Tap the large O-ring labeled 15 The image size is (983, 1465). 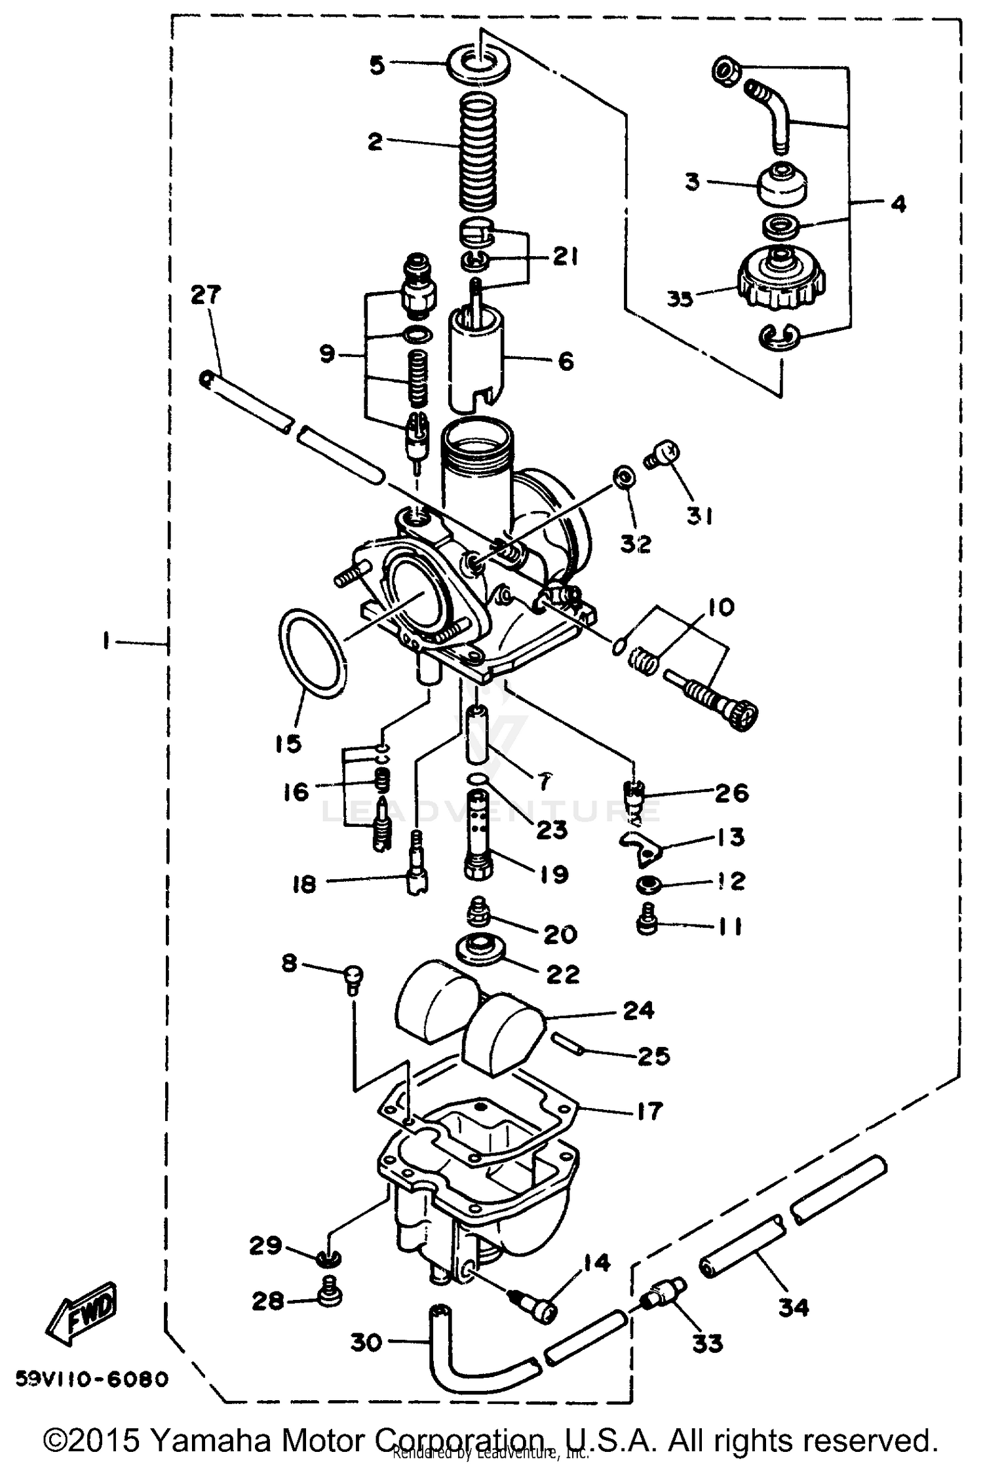(x=312, y=653)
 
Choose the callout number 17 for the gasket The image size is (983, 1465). (x=648, y=1111)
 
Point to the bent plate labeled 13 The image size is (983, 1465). (x=642, y=845)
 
